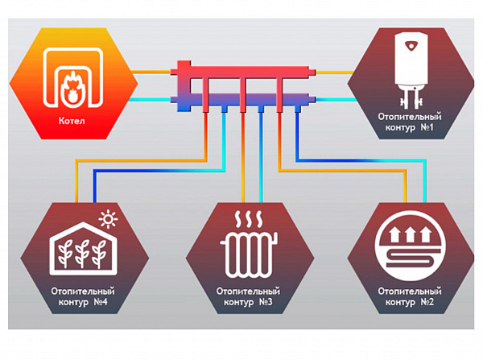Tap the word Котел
coord(72,124)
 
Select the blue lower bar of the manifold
coord(242,100)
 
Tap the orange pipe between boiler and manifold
coord(153,72)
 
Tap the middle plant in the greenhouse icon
coord(79,254)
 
